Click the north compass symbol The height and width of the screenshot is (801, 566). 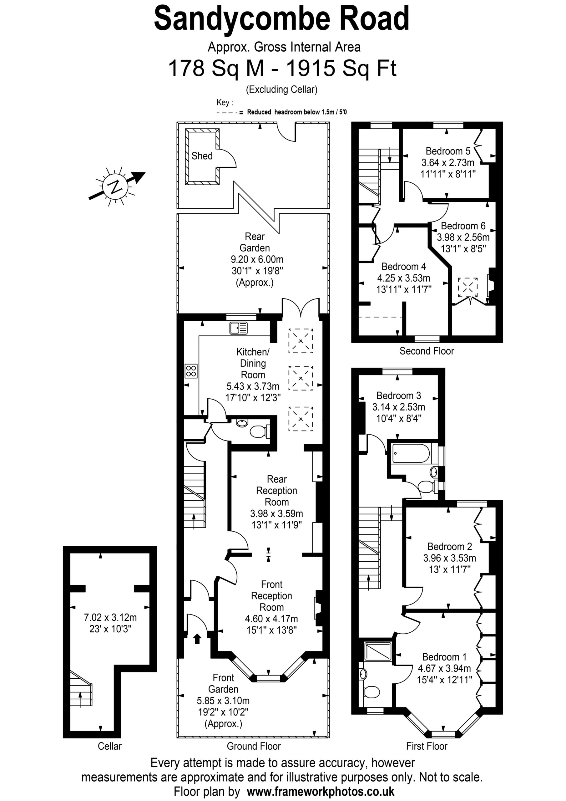click(x=115, y=187)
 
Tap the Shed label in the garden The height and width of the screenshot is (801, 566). click(x=202, y=156)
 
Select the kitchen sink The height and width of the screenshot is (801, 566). click(x=239, y=328)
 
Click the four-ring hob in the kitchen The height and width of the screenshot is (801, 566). click(x=191, y=371)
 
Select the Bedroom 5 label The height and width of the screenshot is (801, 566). click(x=448, y=151)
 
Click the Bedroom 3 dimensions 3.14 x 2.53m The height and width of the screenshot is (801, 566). click(x=399, y=407)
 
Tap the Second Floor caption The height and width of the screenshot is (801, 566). click(x=427, y=351)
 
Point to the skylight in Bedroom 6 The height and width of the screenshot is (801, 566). click(x=468, y=287)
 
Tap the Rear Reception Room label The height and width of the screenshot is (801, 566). click(x=276, y=491)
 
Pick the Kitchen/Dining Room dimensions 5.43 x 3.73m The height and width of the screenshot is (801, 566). click(x=253, y=386)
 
